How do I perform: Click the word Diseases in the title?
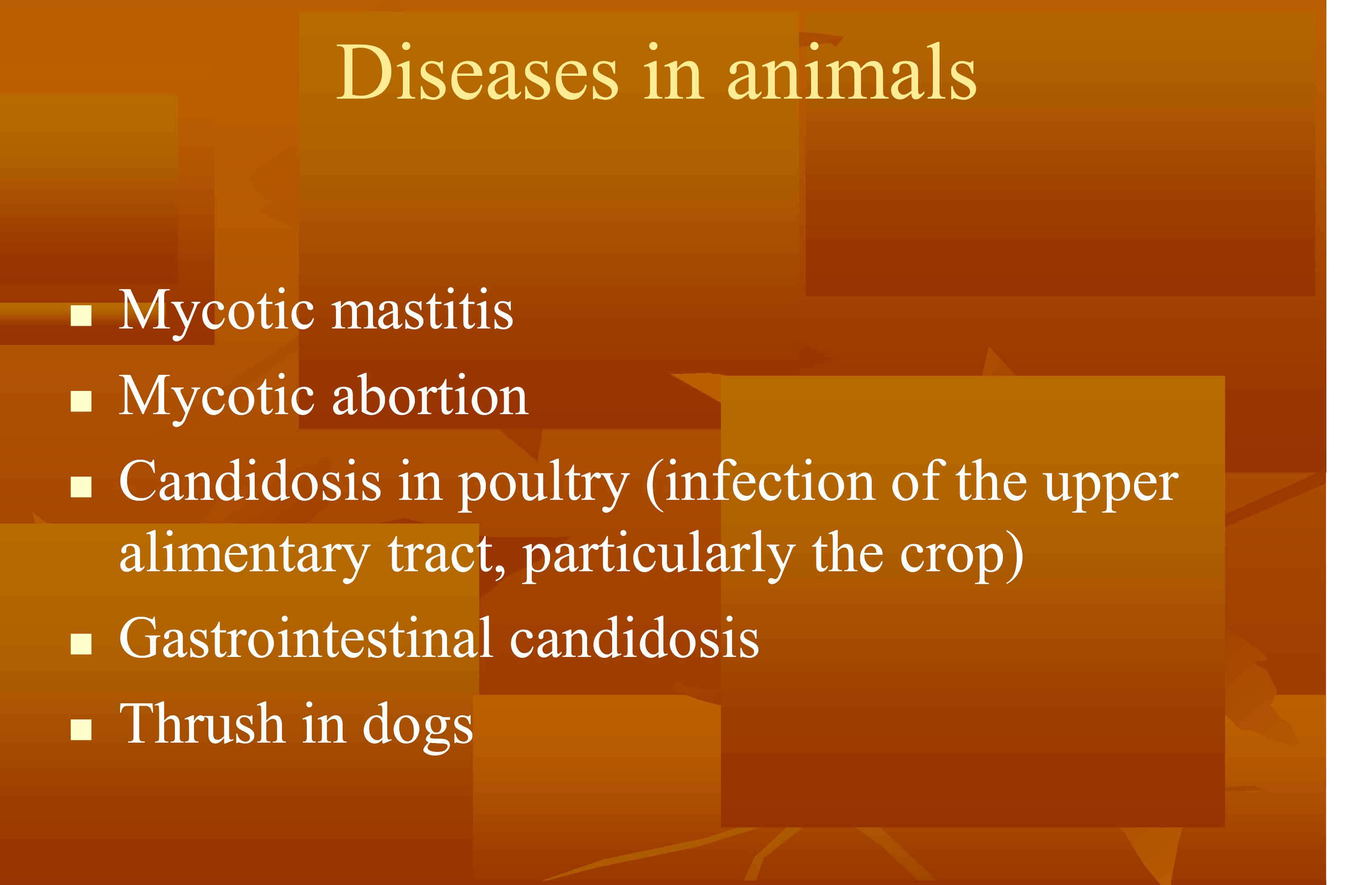tap(476, 74)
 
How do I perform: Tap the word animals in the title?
tap(851, 74)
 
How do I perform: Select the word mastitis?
tap(422, 311)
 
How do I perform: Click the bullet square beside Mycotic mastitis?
tap(81, 316)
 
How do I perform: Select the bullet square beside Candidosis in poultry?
tap(81, 487)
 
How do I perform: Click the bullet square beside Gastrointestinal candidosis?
tap(81, 644)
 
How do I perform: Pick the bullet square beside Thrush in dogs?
tap(81, 730)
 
